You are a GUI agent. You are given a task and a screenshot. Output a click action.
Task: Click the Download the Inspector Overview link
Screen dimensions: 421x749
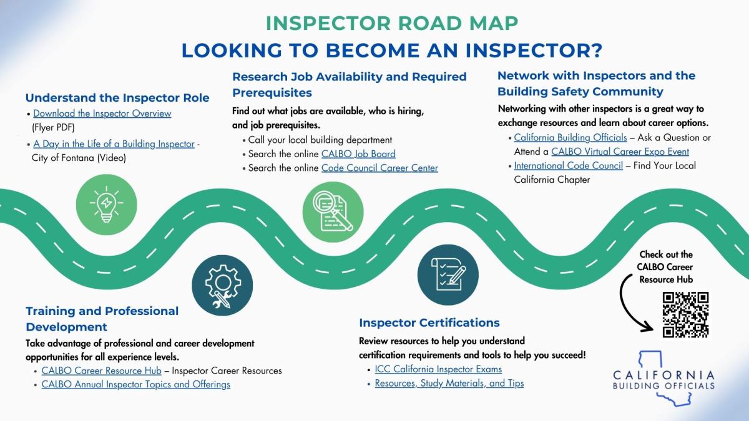click(102, 114)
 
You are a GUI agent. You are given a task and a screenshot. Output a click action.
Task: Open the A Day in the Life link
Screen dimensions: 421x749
click(114, 143)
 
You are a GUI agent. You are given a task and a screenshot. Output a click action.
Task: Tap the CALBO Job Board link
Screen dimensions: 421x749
click(358, 153)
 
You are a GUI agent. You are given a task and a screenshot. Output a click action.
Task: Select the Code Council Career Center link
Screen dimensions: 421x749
click(379, 168)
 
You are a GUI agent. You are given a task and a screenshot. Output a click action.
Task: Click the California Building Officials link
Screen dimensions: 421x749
click(568, 138)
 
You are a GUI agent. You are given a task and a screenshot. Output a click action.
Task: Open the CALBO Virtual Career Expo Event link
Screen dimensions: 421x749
click(620, 152)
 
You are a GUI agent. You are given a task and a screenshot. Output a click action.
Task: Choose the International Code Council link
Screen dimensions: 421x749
click(568, 166)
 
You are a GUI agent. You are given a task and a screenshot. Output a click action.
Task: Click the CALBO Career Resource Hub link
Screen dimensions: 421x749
click(101, 370)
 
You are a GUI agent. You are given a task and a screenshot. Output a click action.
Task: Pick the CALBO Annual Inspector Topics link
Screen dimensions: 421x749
click(135, 384)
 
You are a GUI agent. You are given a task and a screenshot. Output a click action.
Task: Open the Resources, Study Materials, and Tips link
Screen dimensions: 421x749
click(449, 383)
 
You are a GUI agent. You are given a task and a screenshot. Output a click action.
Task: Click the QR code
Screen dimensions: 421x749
click(686, 314)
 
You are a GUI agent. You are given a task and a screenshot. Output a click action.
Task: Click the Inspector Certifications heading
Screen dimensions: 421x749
click(429, 322)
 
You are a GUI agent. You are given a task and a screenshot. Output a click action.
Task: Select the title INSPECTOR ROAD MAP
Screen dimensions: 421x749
click(392, 23)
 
